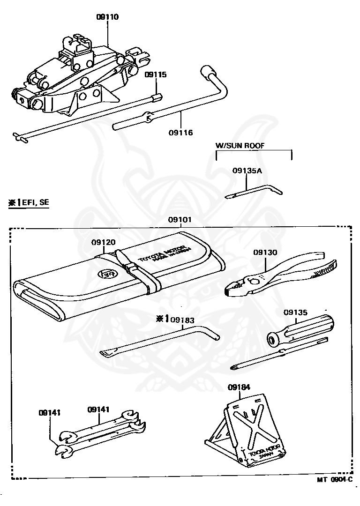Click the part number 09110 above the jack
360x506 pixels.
[107, 17]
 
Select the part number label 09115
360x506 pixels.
[155, 74]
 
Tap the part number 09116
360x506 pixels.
[180, 133]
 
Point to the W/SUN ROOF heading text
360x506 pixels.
[240, 146]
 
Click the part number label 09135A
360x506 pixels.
[247, 171]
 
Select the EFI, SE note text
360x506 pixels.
[29, 202]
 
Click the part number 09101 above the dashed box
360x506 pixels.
[180, 219]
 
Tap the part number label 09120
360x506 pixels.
[103, 242]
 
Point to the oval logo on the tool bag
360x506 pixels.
[103, 274]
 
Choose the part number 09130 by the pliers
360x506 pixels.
[265, 253]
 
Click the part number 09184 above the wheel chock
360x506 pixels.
[239, 387]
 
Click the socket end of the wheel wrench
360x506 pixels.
[207, 71]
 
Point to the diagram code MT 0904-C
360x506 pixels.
[334, 480]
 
